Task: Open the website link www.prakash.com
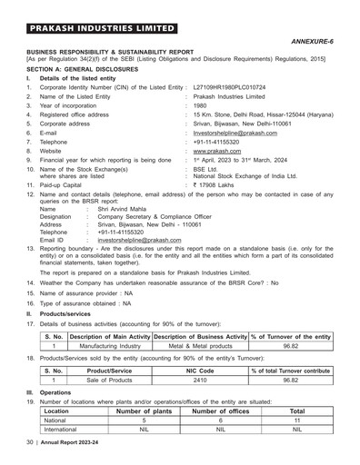[x=217, y=153]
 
